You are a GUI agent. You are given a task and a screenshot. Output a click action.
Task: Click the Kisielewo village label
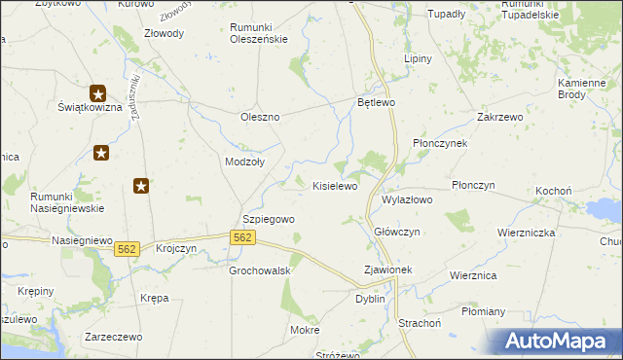coord(334,185)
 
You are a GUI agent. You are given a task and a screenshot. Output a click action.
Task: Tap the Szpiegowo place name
coord(268,220)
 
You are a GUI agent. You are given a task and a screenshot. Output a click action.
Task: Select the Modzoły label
coord(244,162)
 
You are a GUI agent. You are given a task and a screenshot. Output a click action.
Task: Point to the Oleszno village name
coord(260,117)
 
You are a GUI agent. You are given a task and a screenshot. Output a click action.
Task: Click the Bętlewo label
coord(375,102)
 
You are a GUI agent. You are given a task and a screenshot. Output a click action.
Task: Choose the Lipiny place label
coord(418,58)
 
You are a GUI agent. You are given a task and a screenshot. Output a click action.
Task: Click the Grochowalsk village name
coord(261,270)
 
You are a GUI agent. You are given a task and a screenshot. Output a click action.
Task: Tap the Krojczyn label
coord(176,249)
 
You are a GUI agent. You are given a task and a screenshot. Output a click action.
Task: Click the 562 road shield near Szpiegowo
coord(243,238)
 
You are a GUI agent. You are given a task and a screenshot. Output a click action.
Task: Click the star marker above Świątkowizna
coord(97,93)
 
